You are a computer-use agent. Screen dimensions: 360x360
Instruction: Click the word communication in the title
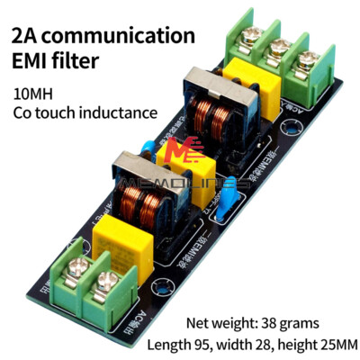pyautogui.click(x=119, y=37)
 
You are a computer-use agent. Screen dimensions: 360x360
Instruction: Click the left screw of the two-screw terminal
pyautogui.click(x=76, y=267)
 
